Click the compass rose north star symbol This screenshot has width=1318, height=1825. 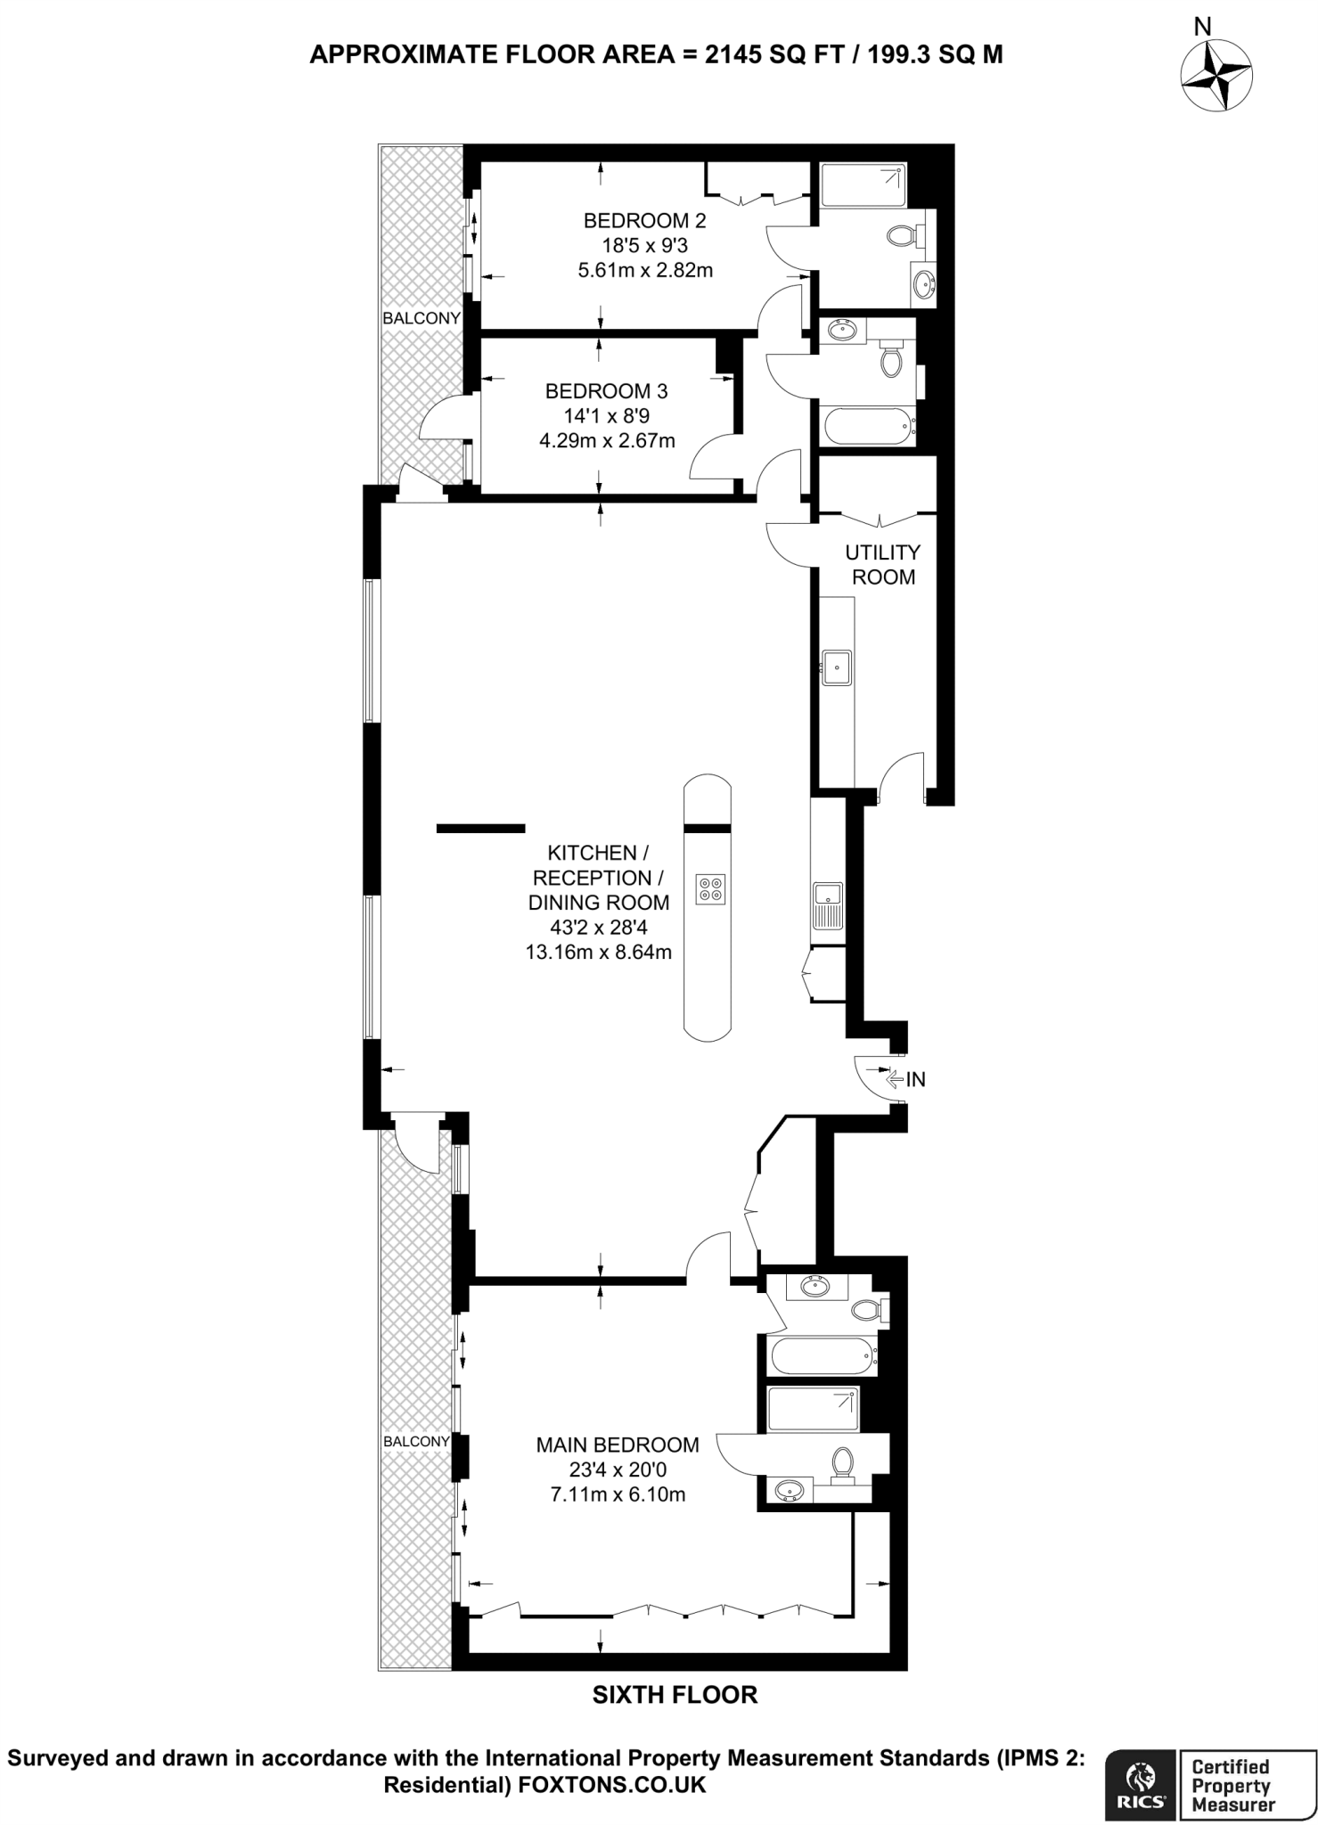click(x=1215, y=78)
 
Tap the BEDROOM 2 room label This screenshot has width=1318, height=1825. click(x=636, y=220)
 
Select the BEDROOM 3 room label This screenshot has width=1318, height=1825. click(x=606, y=390)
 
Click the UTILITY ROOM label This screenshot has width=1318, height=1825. click(x=882, y=565)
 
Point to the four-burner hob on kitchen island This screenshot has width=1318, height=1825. click(x=712, y=888)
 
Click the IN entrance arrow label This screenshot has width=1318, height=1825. click(x=915, y=1080)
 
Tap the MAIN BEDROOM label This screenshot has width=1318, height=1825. click(x=617, y=1444)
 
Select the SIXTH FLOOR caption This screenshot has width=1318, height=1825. click(x=675, y=1695)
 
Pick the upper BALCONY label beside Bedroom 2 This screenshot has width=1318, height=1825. click(x=422, y=318)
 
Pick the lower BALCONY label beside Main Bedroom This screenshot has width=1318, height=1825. click(x=416, y=1441)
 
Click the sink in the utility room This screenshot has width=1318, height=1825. click(x=837, y=667)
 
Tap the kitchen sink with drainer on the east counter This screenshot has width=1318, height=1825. click(x=828, y=905)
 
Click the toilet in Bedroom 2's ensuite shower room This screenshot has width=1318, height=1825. click(x=902, y=236)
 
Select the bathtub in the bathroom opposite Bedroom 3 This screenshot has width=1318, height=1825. click(x=869, y=426)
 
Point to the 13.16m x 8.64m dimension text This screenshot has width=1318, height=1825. click(x=598, y=952)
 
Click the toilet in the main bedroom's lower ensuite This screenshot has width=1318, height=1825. click(x=842, y=1462)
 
